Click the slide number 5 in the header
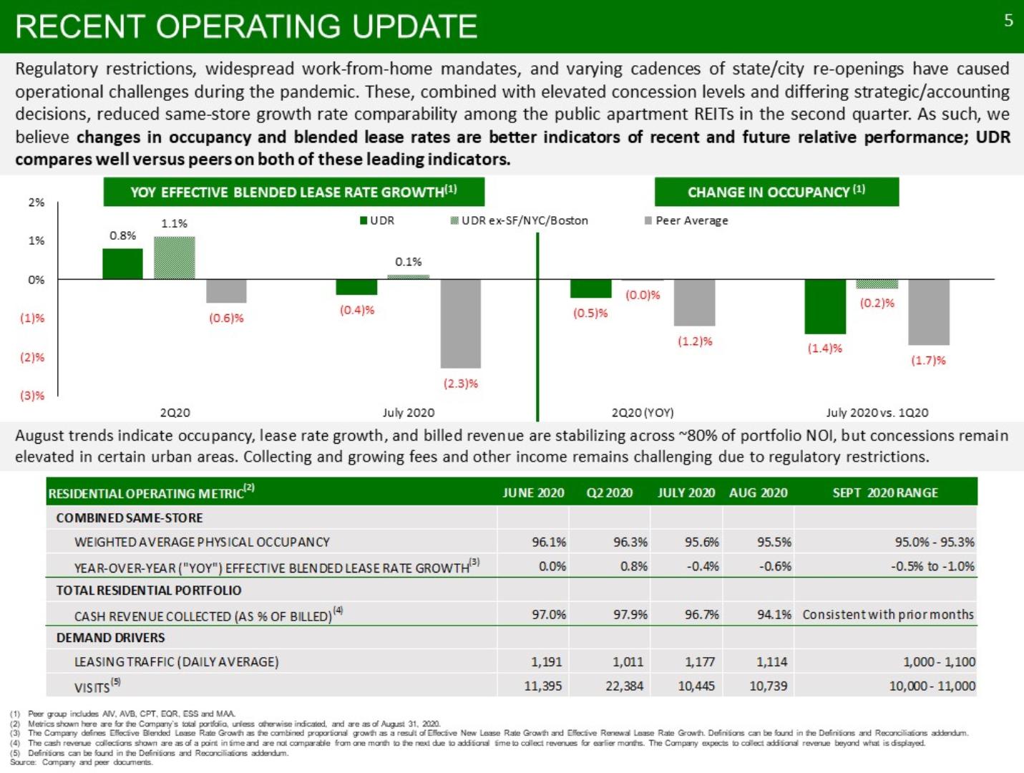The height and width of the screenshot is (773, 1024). (1008, 21)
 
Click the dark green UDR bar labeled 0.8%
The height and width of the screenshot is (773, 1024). (122, 264)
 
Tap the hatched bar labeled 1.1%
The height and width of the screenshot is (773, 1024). (175, 258)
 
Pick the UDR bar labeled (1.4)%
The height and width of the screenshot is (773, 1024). (825, 306)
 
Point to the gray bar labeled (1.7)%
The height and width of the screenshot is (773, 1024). (929, 312)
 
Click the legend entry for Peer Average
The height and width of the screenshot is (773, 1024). (686, 220)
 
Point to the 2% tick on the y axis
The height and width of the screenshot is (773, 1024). (36, 203)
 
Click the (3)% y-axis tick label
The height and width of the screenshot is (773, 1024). (32, 395)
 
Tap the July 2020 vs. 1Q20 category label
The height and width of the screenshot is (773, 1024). (877, 412)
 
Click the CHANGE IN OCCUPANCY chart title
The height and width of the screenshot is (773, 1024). (776, 192)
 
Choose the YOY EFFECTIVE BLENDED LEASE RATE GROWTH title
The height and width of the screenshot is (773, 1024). (293, 192)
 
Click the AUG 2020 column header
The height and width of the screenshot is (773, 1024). (758, 492)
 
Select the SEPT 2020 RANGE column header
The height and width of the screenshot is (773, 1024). (885, 492)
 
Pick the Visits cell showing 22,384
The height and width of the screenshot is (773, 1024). (624, 686)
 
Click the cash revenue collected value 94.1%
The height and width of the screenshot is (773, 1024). (774, 614)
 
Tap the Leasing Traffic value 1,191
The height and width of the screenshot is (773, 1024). (547, 662)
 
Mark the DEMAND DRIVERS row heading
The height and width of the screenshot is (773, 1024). (110, 638)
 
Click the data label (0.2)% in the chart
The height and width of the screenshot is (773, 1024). (877, 303)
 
